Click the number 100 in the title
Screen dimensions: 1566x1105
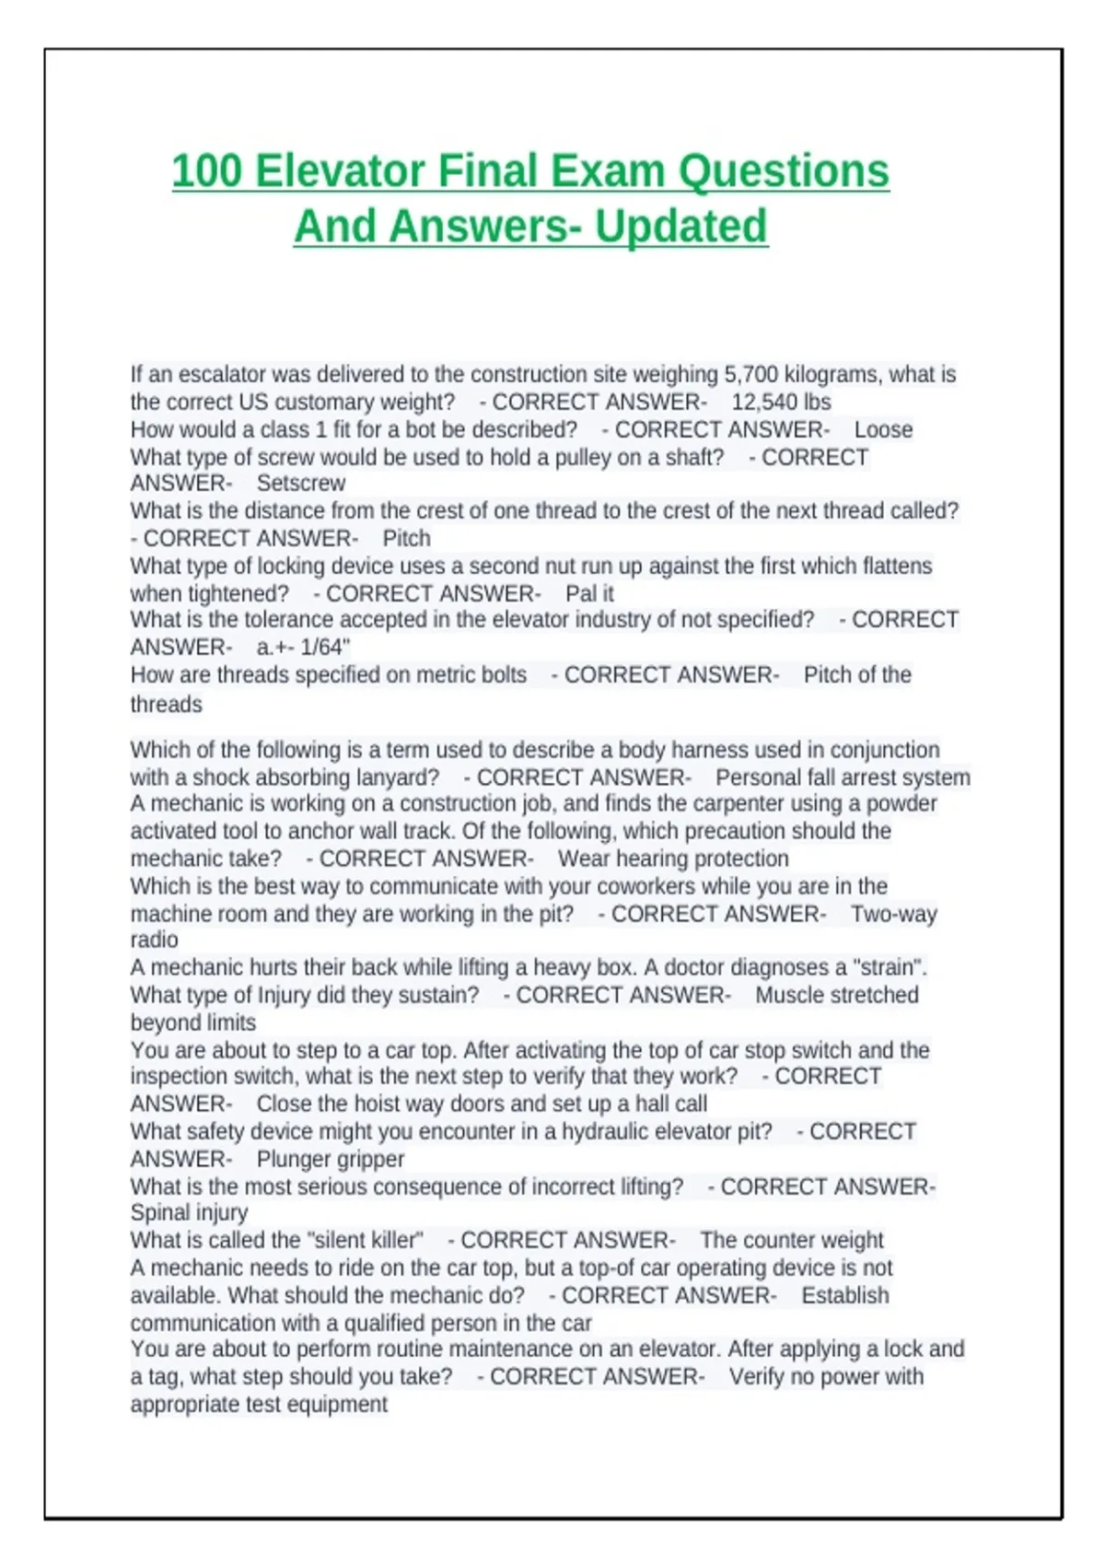(x=207, y=171)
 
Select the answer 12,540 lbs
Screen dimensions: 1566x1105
(x=781, y=402)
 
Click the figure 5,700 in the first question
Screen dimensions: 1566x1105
(x=750, y=374)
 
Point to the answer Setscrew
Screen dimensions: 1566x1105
(x=301, y=483)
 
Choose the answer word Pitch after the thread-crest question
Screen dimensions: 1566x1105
(x=406, y=538)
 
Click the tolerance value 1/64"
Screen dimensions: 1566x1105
(x=324, y=647)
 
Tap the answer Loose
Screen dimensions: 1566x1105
(x=883, y=429)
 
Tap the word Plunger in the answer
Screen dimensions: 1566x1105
(x=295, y=1159)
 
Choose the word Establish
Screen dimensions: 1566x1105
(x=844, y=1295)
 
